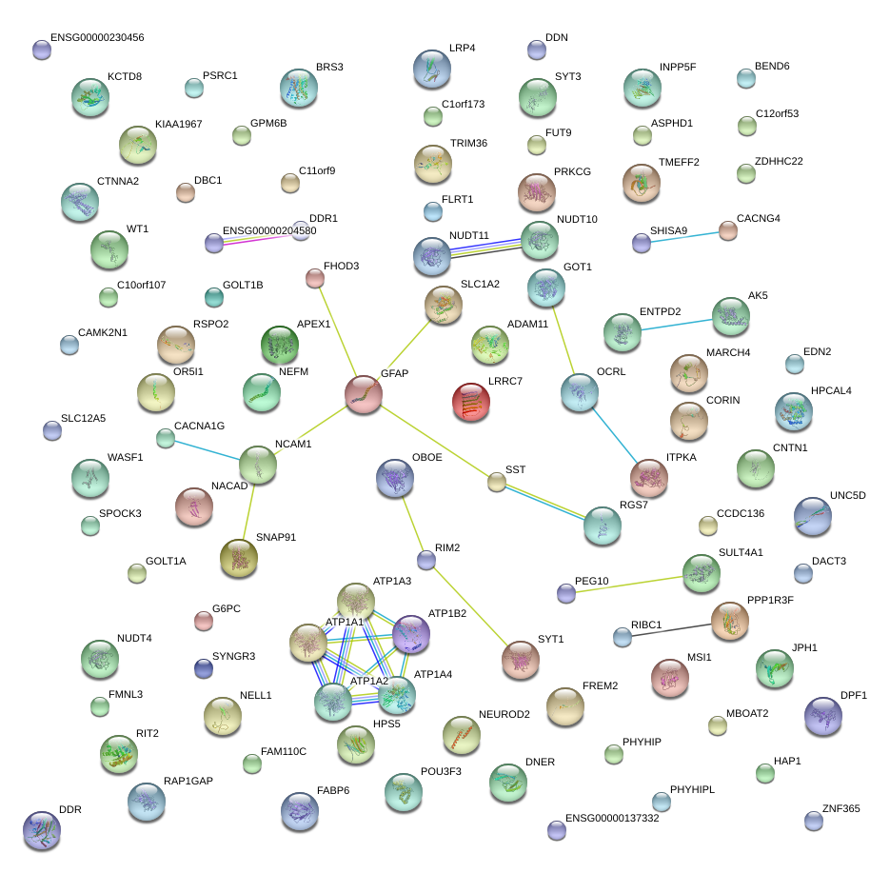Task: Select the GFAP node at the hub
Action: [x=363, y=393]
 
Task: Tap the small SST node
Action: [x=496, y=482]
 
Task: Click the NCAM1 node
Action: [x=257, y=465]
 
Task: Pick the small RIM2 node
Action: [x=426, y=560]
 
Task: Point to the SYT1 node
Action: [x=521, y=658]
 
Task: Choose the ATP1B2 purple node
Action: [x=411, y=633]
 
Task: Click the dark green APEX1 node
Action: [x=279, y=345]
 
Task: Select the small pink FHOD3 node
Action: [x=315, y=278]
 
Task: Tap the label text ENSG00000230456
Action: [x=97, y=37]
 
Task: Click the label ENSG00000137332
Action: [x=611, y=818]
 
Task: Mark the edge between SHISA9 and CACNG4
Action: [x=684, y=236]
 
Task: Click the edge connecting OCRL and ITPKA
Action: [x=613, y=433]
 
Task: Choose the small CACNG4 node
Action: [x=727, y=229]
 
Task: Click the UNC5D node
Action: [x=812, y=515]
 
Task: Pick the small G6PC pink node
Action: [x=203, y=621]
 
